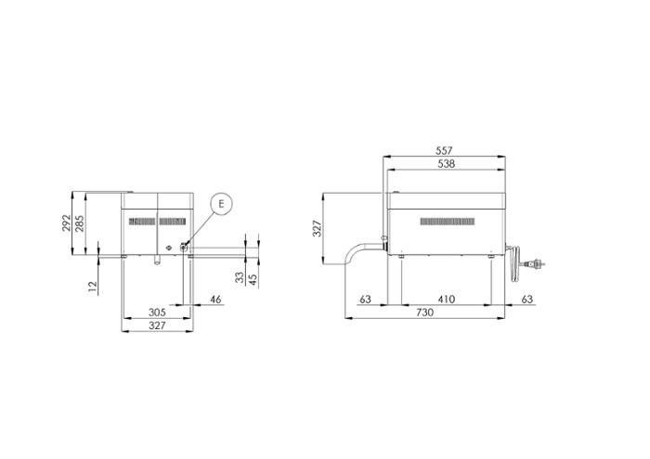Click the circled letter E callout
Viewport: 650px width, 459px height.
221,204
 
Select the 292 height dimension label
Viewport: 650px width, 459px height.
66,223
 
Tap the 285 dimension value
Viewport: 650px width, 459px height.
79,223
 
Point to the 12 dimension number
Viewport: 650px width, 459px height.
93,286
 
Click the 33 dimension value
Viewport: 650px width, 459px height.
240,277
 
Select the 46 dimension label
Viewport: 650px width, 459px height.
215,300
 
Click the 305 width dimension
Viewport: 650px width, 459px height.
157,312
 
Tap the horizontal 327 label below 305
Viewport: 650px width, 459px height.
157,325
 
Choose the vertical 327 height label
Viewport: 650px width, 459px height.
318,228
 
